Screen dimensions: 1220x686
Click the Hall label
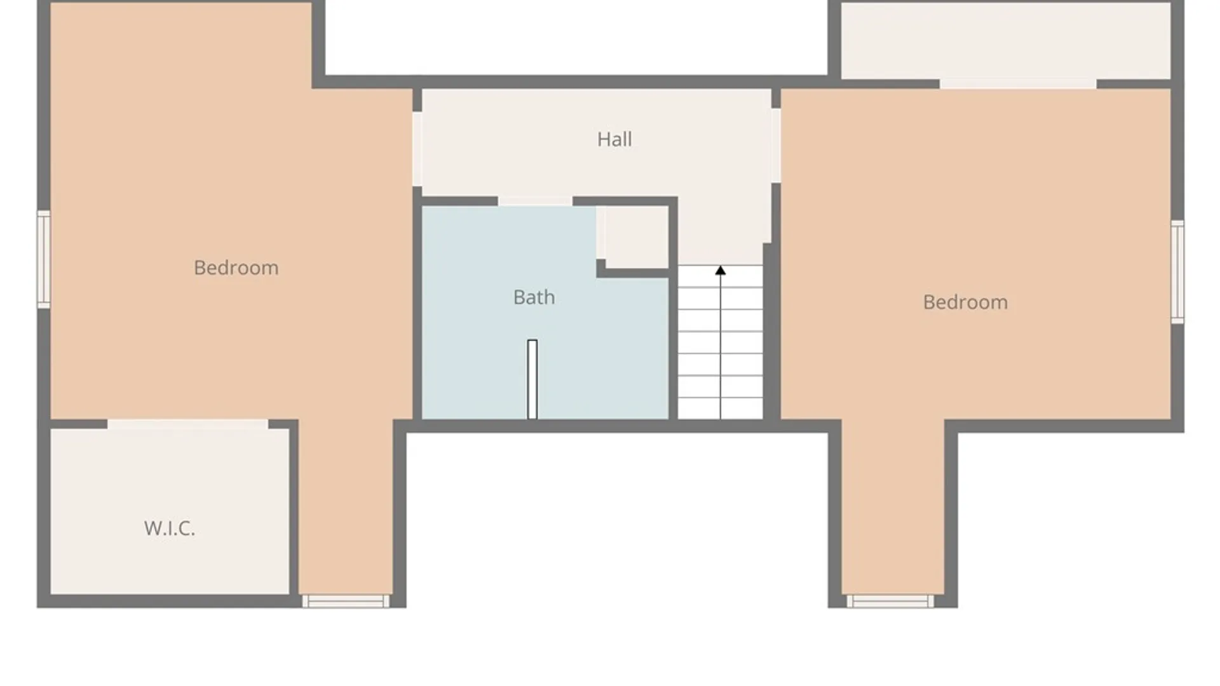pyautogui.click(x=614, y=139)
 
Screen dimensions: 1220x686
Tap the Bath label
pyautogui.click(x=534, y=297)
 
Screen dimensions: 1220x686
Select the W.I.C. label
pyautogui.click(x=169, y=528)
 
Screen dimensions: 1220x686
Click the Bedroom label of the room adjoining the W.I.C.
pyautogui.click(x=236, y=267)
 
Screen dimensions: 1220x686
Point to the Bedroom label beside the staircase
pyautogui.click(x=965, y=302)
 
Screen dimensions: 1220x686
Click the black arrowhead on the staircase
pyautogui.click(x=720, y=271)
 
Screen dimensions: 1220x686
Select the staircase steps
pyautogui.click(x=720, y=342)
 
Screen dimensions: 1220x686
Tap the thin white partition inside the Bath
pyautogui.click(x=532, y=379)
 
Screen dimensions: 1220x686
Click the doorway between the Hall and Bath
pyautogui.click(x=535, y=201)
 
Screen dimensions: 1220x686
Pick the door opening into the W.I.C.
pyautogui.click(x=187, y=424)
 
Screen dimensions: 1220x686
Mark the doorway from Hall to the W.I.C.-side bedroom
pyautogui.click(x=417, y=149)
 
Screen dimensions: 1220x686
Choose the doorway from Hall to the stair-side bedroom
pyautogui.click(x=776, y=145)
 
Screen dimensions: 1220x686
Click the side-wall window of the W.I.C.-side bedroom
pyautogui.click(x=44, y=259)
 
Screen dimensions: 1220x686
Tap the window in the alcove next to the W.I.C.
pyautogui.click(x=346, y=601)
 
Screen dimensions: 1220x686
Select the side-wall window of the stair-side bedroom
pyautogui.click(x=1177, y=272)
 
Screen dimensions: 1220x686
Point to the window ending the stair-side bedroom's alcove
pyautogui.click(x=890, y=601)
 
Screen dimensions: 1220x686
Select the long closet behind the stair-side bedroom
pyautogui.click(x=1006, y=41)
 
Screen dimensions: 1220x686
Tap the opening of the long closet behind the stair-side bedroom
pyautogui.click(x=1018, y=84)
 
